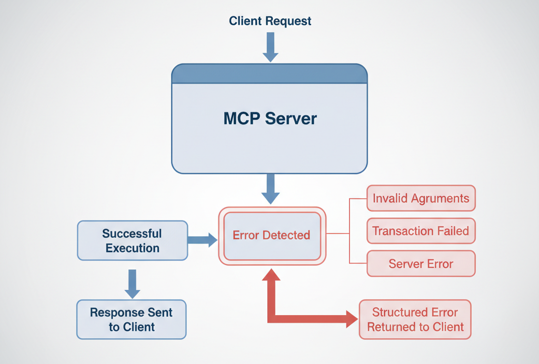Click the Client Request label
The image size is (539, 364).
point(270,21)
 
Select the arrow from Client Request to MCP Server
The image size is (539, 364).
point(271,47)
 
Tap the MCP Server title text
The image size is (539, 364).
point(270,118)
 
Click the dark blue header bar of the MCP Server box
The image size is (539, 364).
point(269,74)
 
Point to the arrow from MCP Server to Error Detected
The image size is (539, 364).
point(271,189)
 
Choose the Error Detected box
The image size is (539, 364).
point(272,236)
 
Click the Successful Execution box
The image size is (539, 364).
point(132,240)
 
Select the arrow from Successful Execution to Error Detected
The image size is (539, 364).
point(203,240)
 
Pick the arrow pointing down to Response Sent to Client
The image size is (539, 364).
point(132,284)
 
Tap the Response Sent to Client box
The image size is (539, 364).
point(131,319)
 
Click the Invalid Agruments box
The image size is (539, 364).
point(421,198)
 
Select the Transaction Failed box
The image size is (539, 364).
point(421,231)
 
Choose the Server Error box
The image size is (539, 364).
point(421,264)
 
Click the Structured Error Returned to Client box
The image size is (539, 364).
point(415,319)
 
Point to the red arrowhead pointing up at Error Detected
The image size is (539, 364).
point(272,275)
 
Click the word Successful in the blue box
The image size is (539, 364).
point(132,234)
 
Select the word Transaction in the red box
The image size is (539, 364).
point(395,231)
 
